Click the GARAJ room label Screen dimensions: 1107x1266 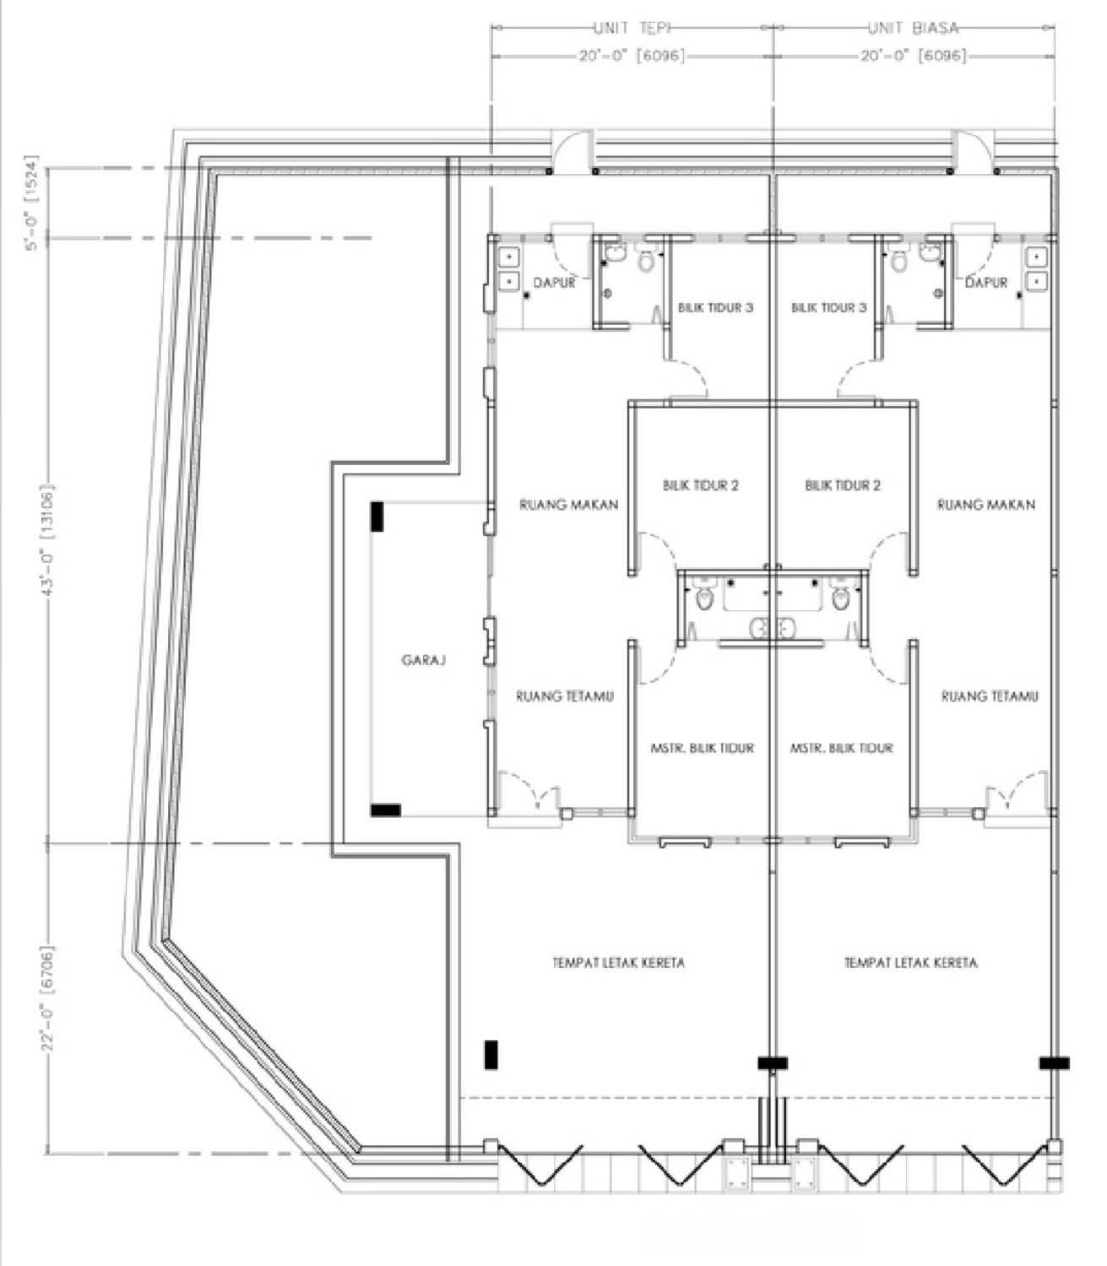[x=424, y=660]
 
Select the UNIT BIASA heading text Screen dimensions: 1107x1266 [x=914, y=28]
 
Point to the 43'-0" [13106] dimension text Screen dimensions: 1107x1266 [x=48, y=539]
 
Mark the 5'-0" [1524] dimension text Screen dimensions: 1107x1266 [x=32, y=203]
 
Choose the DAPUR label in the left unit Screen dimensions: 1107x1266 [x=554, y=283]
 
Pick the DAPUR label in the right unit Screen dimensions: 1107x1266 [x=986, y=283]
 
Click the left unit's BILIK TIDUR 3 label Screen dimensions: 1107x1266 [x=716, y=307]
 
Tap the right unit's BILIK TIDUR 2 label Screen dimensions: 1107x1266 [x=843, y=486]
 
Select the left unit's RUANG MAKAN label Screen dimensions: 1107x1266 [x=568, y=505]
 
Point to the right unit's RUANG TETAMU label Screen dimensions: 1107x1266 [x=990, y=697]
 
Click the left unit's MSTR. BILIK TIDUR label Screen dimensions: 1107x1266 [x=702, y=748]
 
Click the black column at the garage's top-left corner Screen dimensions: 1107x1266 [x=377, y=517]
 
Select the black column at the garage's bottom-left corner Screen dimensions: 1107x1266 [x=385, y=810]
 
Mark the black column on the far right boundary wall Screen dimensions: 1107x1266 [x=1055, y=1063]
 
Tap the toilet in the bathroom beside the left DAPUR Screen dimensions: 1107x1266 [x=646, y=261]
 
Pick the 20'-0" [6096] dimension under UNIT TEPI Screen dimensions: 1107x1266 [x=632, y=57]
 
